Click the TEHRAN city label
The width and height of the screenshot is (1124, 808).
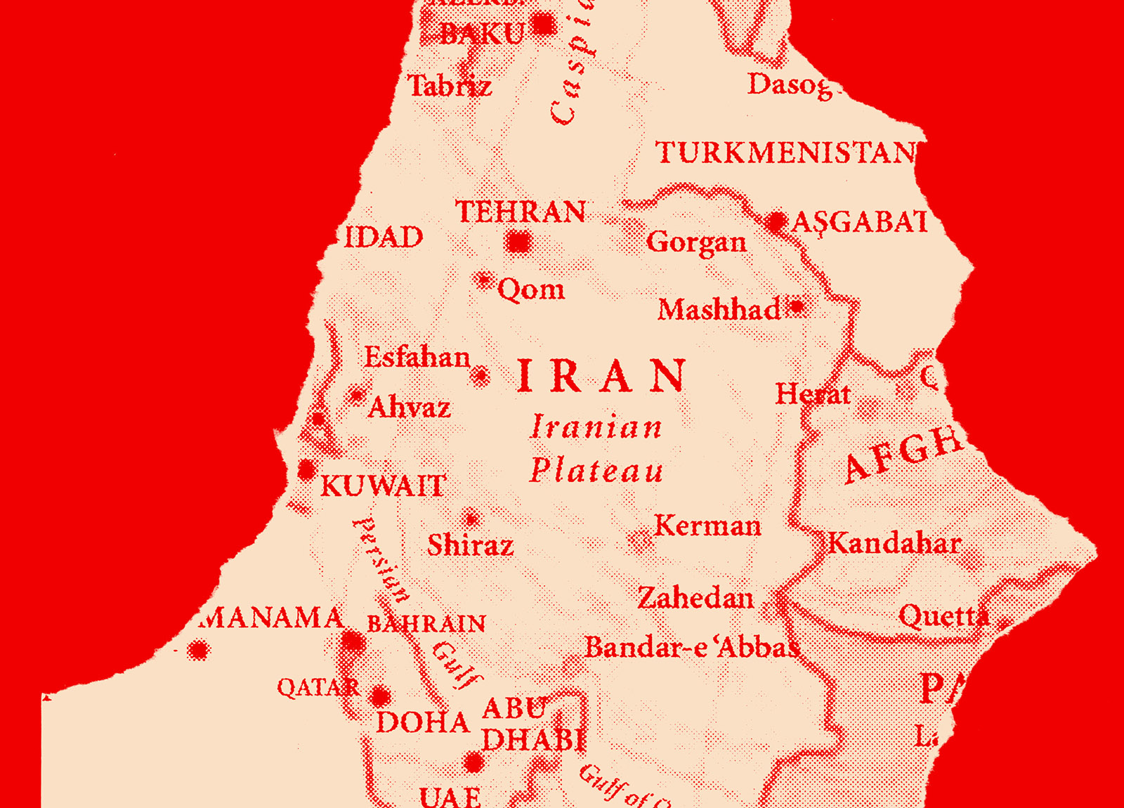tap(521, 212)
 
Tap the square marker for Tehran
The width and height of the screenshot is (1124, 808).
tap(519, 243)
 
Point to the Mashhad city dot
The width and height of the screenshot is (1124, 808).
tap(797, 307)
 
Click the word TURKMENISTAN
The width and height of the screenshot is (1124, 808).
tap(785, 153)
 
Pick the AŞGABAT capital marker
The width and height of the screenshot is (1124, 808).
tap(776, 223)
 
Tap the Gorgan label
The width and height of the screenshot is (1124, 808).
tap(696, 242)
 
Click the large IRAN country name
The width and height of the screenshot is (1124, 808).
tap(601, 377)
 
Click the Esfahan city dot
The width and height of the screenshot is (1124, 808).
tap(481, 376)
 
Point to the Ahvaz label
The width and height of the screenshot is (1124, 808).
tap(409, 408)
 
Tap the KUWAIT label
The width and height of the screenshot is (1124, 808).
tap(383, 486)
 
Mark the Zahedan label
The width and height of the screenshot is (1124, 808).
tap(695, 599)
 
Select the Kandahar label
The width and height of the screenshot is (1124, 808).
tap(894, 544)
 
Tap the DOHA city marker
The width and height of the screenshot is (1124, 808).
tap(380, 696)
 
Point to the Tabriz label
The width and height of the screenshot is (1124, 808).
tap(450, 86)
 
